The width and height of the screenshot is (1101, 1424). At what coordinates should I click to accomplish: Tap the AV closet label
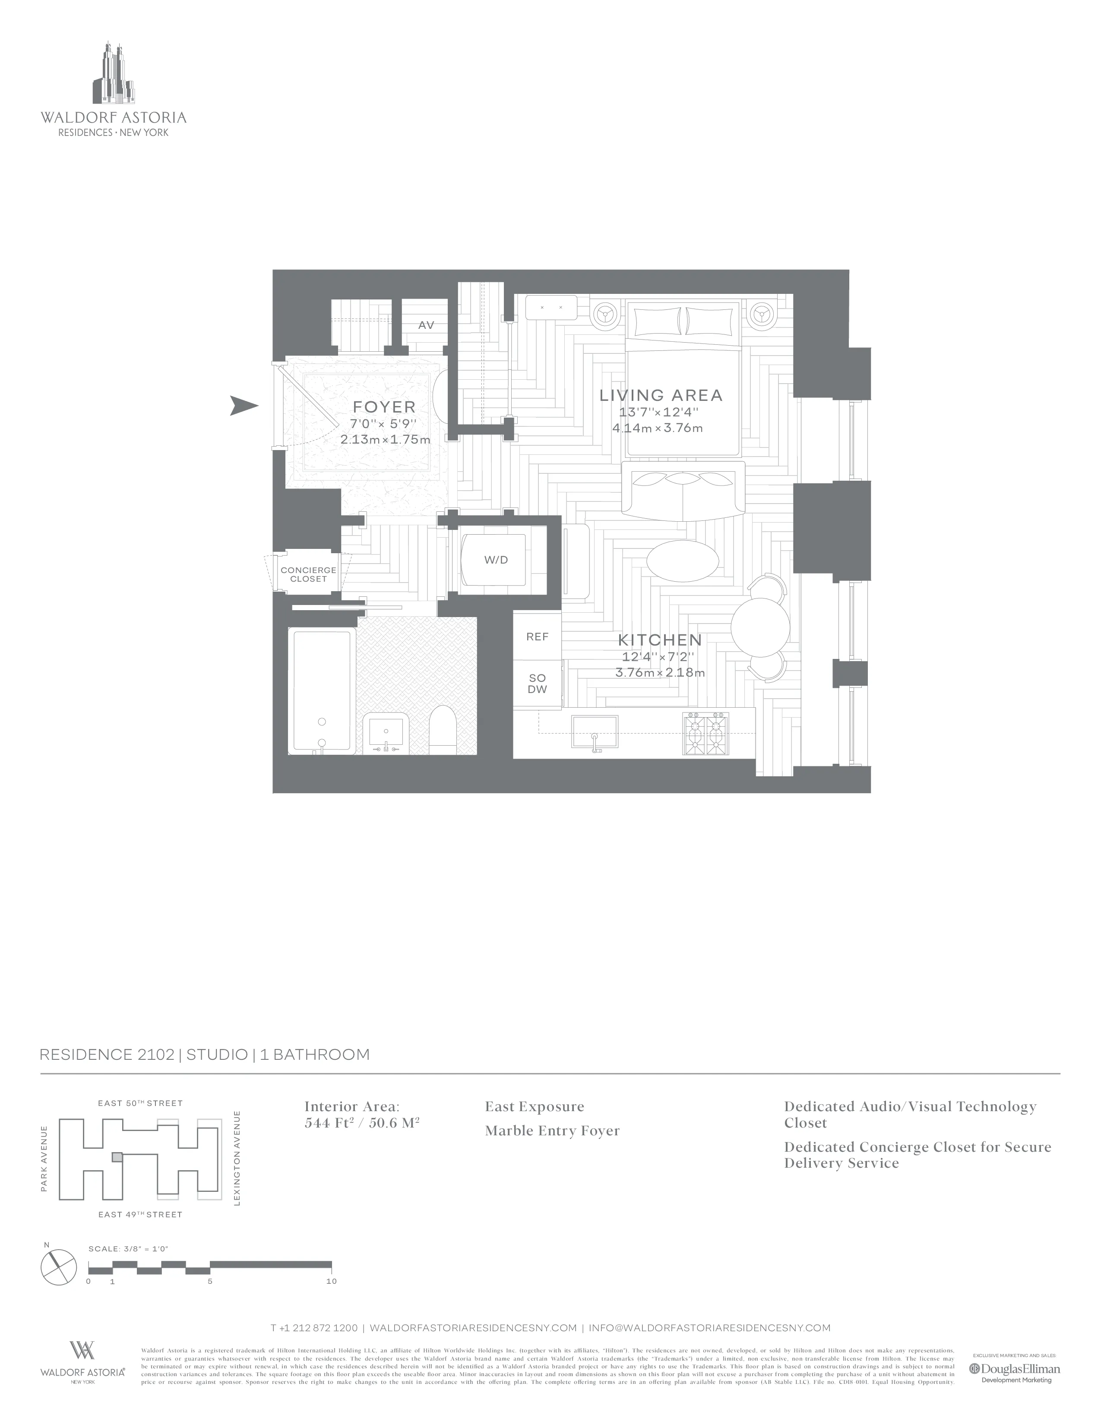point(426,324)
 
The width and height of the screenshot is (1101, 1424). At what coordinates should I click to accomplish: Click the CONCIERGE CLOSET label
point(309,574)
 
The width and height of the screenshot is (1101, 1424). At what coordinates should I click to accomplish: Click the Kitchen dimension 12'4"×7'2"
point(659,657)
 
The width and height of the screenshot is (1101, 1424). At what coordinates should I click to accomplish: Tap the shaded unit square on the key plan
point(117,1156)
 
